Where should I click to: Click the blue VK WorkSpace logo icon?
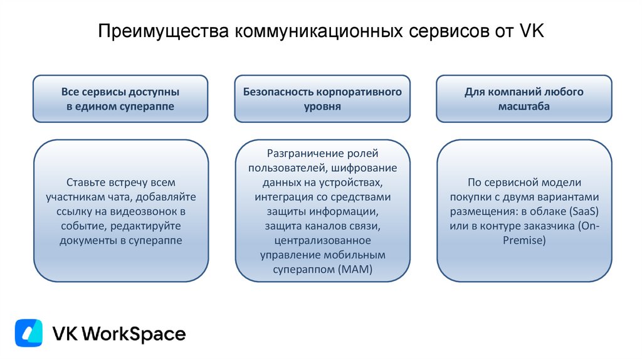pyautogui.click(x=29, y=333)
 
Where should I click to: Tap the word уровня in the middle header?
pyautogui.click(x=322, y=107)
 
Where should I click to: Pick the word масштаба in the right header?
pyautogui.click(x=524, y=107)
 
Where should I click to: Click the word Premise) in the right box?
pyautogui.click(x=524, y=241)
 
